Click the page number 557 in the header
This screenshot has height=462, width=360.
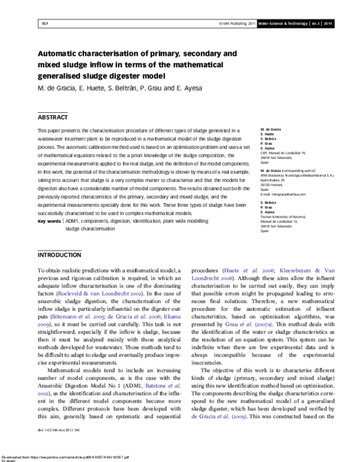click(x=44, y=23)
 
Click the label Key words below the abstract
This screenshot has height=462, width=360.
click(x=49, y=221)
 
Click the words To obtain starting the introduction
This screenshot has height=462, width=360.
click(x=51, y=271)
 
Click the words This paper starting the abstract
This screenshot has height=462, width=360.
click(x=49, y=130)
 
